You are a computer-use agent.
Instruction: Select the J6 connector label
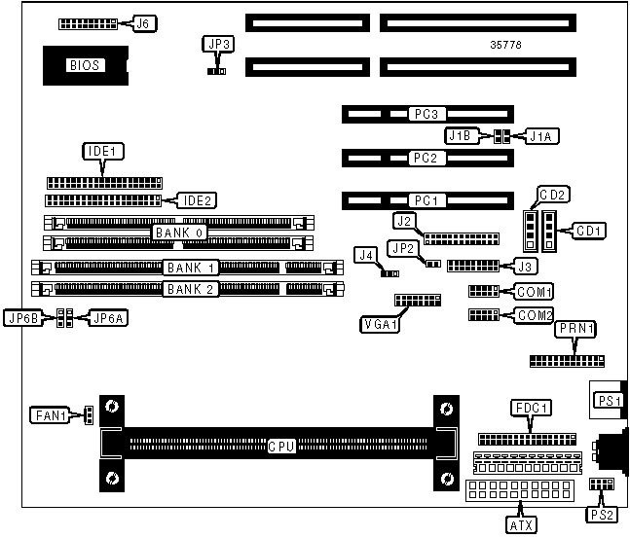point(142,22)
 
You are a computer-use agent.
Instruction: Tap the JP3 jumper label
point(217,44)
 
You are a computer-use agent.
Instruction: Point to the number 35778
point(510,45)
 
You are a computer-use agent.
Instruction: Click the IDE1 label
point(103,152)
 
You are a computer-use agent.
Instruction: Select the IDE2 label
point(196,200)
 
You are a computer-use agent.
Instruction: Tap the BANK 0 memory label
point(178,233)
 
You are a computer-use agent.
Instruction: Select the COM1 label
point(535,291)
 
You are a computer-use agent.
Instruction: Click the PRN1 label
point(575,331)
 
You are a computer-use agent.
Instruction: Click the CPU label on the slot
point(282,447)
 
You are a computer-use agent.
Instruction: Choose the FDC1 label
point(532,407)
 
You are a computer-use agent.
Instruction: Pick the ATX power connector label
point(521,525)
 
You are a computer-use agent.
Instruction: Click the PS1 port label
point(609,400)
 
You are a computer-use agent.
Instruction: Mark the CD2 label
point(554,195)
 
